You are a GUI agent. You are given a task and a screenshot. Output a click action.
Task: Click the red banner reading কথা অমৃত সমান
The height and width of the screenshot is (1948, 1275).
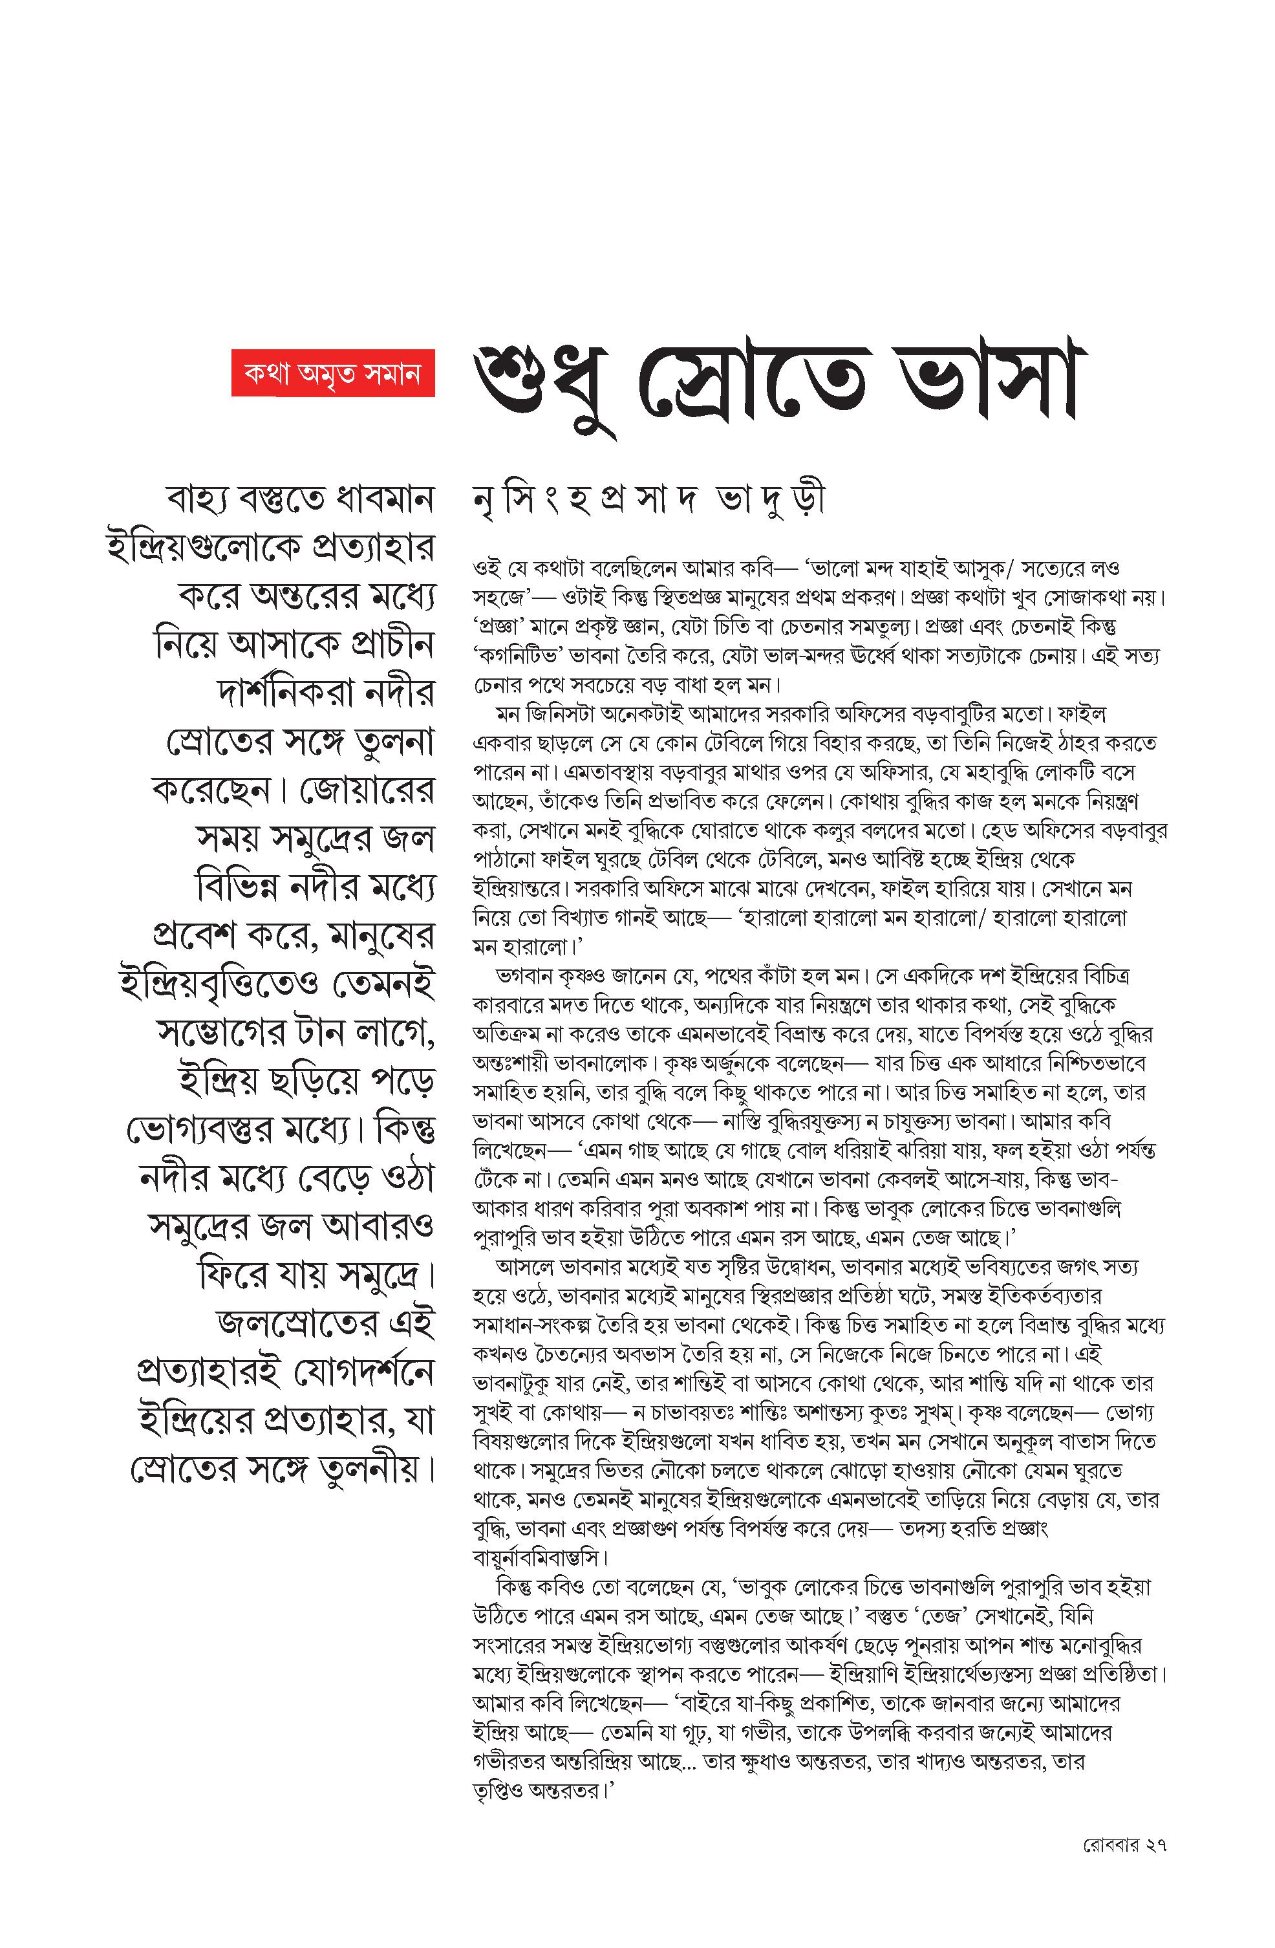pos(332,373)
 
